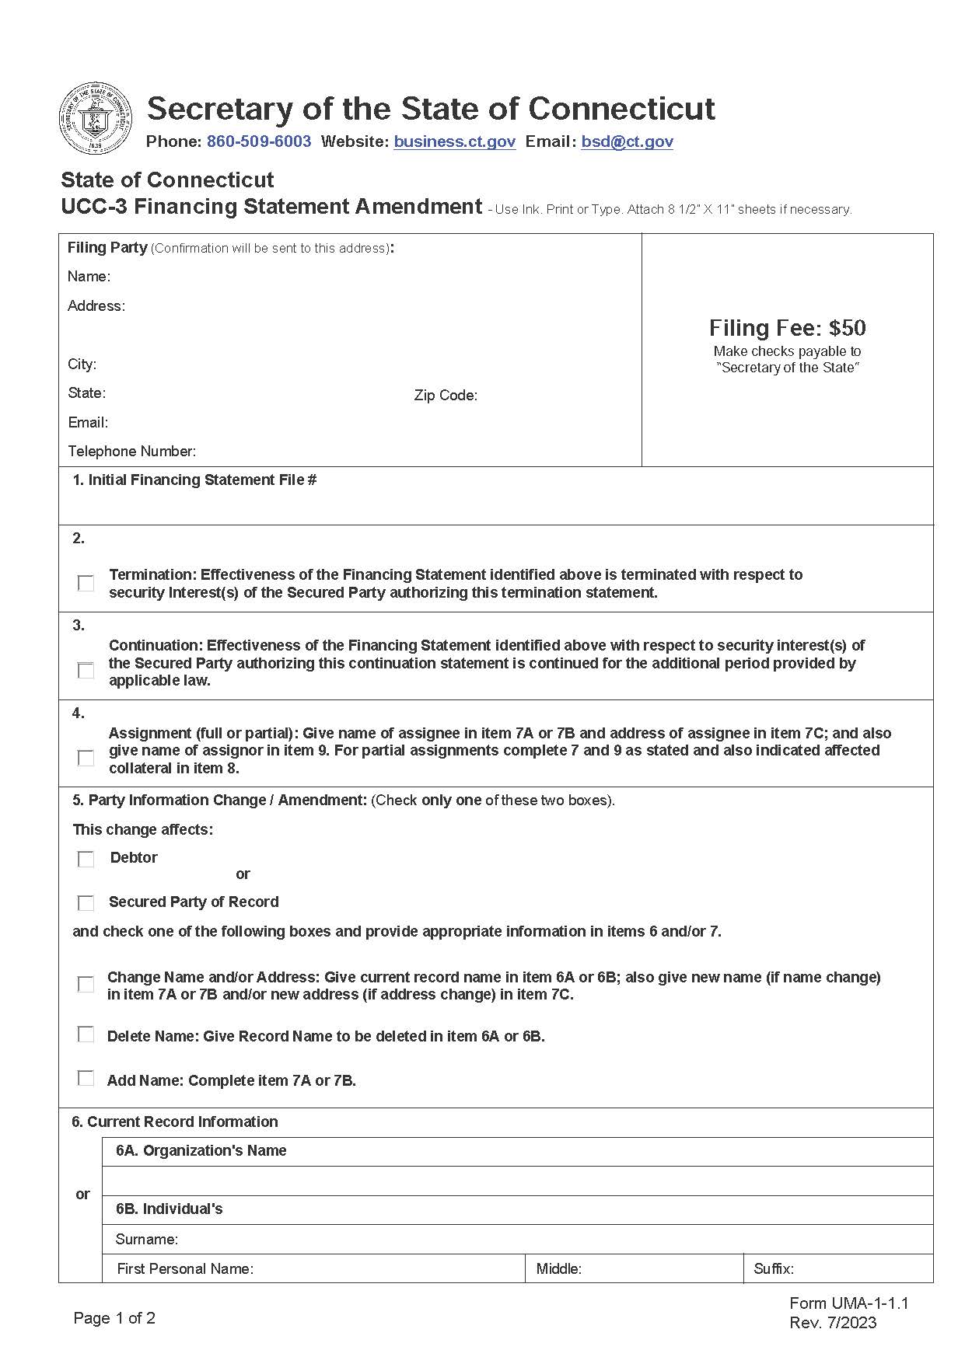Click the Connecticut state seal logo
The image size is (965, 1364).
click(96, 118)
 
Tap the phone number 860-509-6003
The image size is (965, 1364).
click(259, 141)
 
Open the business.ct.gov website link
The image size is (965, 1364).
click(454, 141)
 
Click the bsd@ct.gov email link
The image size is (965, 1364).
click(627, 141)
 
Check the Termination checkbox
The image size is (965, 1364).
click(86, 583)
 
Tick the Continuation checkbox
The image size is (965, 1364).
click(86, 670)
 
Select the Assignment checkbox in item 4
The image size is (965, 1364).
click(86, 758)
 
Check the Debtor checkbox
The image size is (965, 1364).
click(86, 859)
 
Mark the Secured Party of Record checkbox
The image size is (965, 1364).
click(86, 903)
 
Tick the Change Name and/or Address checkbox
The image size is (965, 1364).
click(86, 985)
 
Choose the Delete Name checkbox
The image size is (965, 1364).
click(86, 1035)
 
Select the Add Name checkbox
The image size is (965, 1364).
click(86, 1079)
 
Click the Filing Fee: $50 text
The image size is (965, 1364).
click(787, 328)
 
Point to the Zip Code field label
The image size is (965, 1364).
click(446, 396)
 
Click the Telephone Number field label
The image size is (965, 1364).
click(131, 452)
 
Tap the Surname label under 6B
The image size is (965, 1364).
click(146, 1239)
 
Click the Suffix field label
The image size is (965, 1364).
click(773, 1269)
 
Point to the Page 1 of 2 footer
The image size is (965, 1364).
click(114, 1318)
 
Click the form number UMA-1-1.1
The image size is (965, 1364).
click(848, 1303)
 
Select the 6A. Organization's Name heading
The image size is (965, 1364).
click(201, 1151)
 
